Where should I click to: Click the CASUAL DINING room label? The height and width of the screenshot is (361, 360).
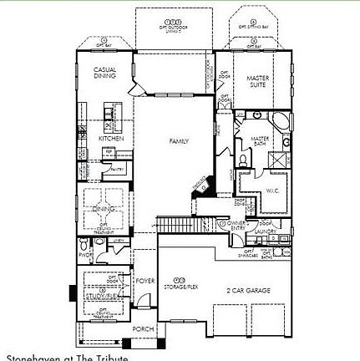pyautogui.click(x=104, y=74)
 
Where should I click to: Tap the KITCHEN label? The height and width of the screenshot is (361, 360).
pyautogui.click(x=111, y=138)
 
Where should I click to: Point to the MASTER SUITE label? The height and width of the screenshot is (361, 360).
pyautogui.click(x=257, y=81)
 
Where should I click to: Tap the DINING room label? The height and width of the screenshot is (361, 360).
pyautogui.click(x=102, y=208)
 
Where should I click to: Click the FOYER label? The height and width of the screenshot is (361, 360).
pyautogui.click(x=145, y=281)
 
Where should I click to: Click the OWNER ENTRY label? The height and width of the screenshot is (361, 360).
pyautogui.click(x=236, y=226)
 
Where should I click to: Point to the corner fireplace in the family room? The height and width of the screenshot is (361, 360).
pyautogui.click(x=199, y=188)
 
